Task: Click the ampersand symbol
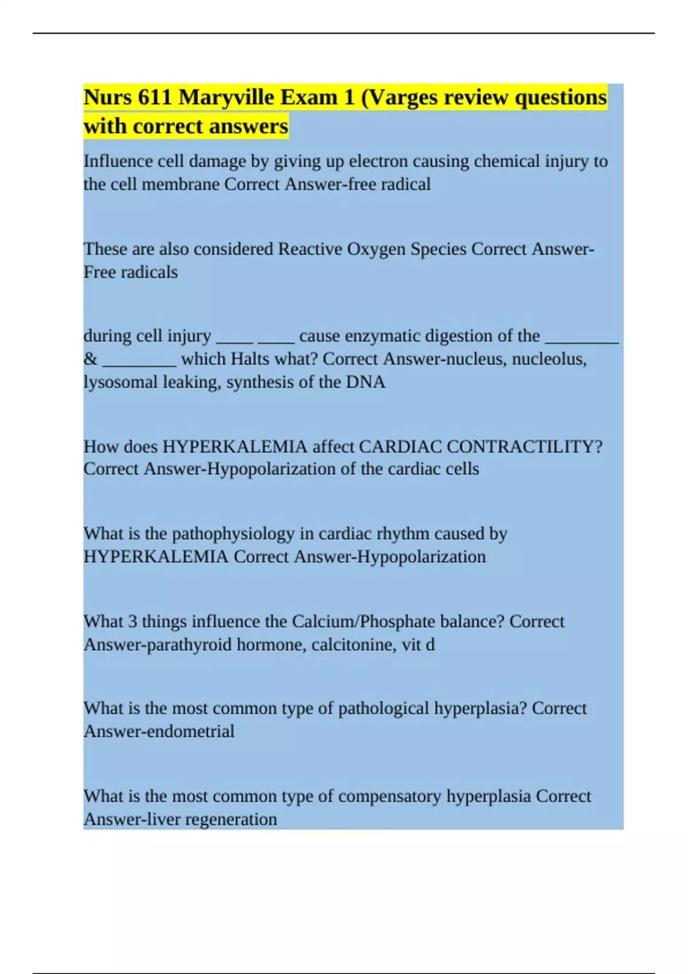tap(90, 359)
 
